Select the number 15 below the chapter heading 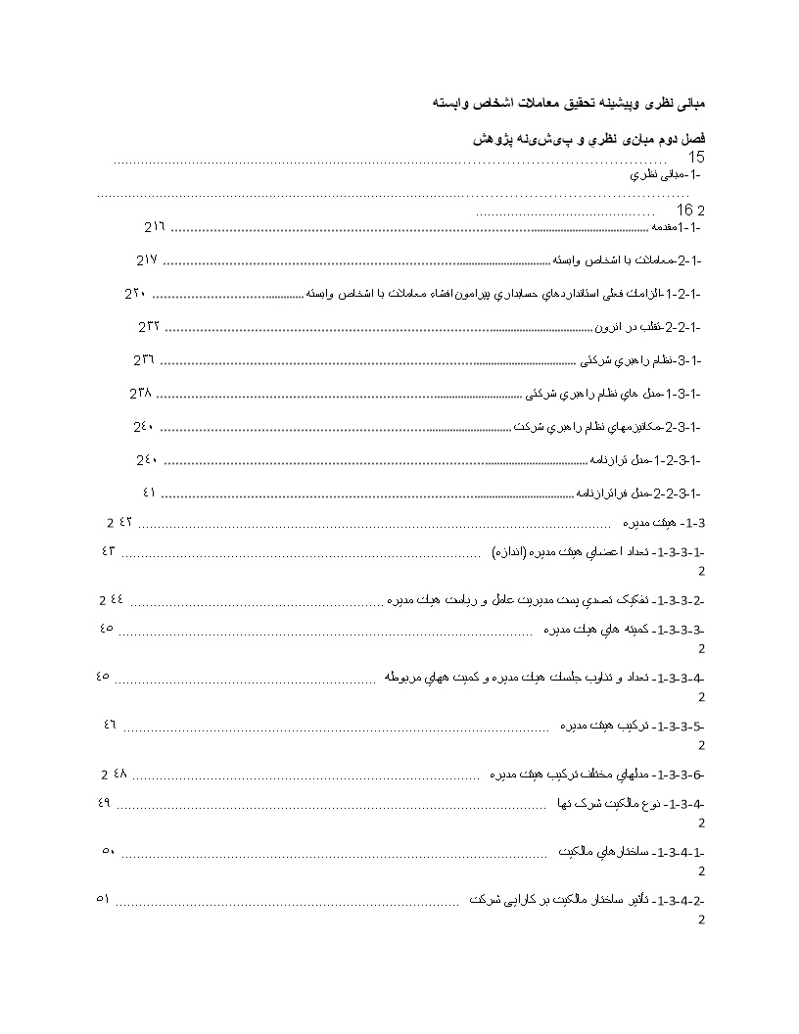(695, 158)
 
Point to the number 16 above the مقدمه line (684, 211)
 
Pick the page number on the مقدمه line (156, 228)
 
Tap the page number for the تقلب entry (149, 326)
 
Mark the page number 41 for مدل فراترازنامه (149, 492)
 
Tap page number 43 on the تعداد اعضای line (108, 550)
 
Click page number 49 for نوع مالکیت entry (105, 803)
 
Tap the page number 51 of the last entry (103, 898)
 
